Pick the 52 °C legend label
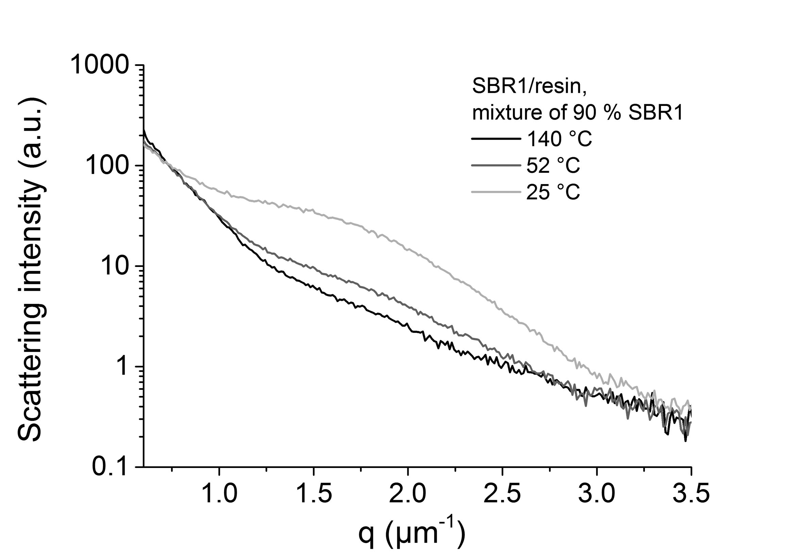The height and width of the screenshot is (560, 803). (x=553, y=165)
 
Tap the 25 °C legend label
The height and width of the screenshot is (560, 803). (x=553, y=192)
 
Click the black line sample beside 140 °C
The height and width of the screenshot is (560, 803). (x=496, y=139)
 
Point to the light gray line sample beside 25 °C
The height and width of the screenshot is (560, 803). (x=496, y=192)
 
